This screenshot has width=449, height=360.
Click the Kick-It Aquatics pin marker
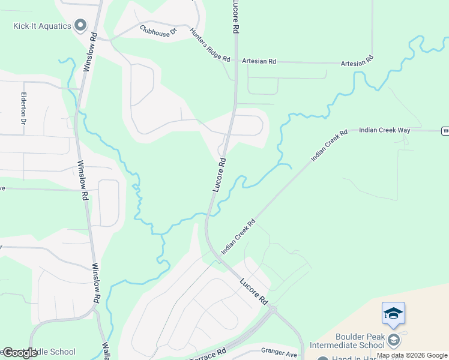coord(80,25)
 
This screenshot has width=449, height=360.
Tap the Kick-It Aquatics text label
coord(42,26)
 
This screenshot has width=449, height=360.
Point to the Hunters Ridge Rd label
coord(209,46)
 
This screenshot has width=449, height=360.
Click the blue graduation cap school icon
coord(393,313)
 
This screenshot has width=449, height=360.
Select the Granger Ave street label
coord(279,354)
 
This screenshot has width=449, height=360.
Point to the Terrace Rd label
coord(208,355)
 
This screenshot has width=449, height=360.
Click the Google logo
coord(20,353)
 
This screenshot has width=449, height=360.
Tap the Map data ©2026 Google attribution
coord(412,355)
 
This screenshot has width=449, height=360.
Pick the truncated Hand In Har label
coord(355,358)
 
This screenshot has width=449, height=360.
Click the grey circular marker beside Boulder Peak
coord(393,340)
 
